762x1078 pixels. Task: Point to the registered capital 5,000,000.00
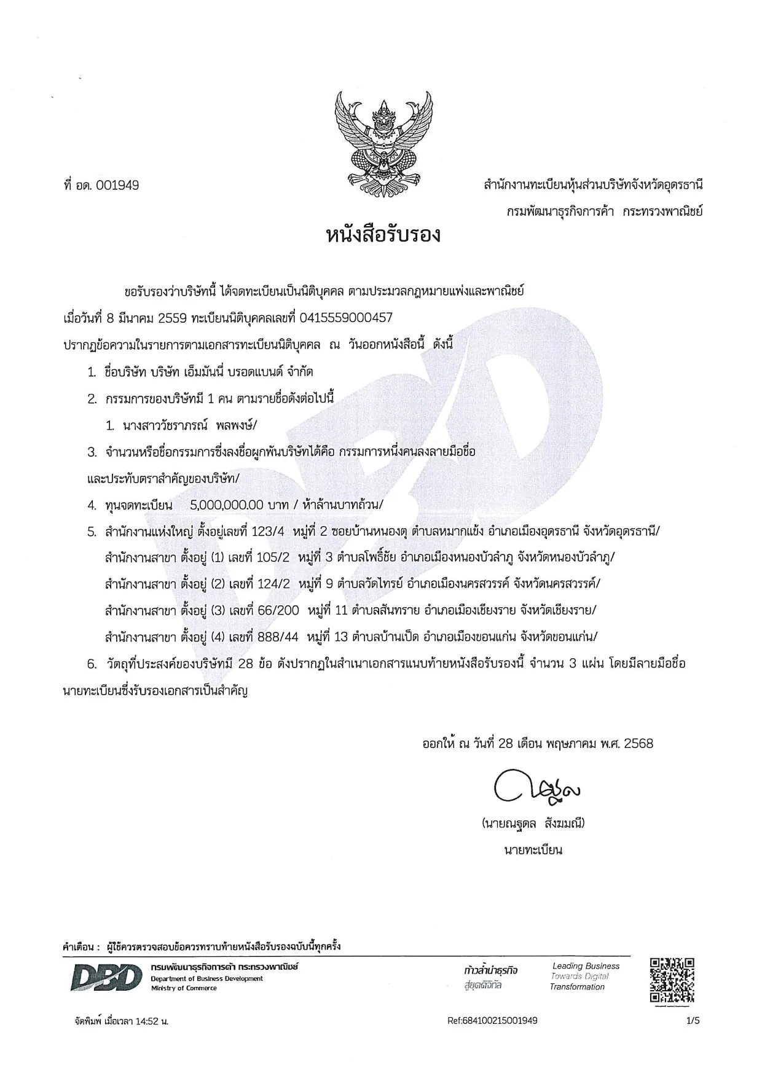click(227, 505)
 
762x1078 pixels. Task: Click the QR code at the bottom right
click(672, 980)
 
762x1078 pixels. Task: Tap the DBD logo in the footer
click(103, 978)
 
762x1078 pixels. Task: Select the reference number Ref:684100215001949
click(493, 1021)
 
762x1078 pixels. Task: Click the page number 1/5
click(693, 1021)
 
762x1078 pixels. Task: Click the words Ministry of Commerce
click(184, 988)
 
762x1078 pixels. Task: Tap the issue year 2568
click(638, 744)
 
